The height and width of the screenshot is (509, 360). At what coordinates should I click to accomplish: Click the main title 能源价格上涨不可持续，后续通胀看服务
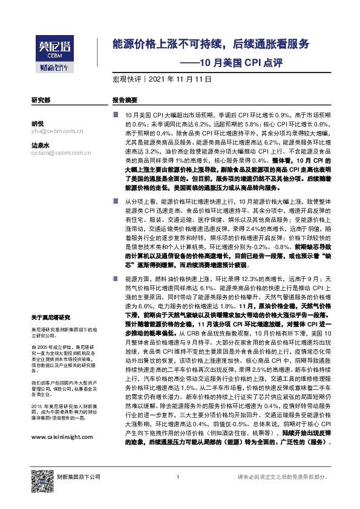click(211, 44)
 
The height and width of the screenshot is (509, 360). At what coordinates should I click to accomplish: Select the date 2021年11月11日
click(175, 79)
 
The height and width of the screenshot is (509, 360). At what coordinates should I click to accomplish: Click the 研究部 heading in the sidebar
click(41, 99)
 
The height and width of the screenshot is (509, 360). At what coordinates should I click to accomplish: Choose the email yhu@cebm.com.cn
click(57, 131)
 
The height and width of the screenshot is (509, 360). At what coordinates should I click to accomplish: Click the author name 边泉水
click(40, 145)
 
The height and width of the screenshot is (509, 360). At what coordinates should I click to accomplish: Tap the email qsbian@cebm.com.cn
click(61, 153)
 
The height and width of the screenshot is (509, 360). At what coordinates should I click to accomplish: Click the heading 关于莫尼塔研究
click(51, 317)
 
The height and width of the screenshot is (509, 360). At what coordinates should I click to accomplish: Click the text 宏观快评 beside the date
click(126, 79)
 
